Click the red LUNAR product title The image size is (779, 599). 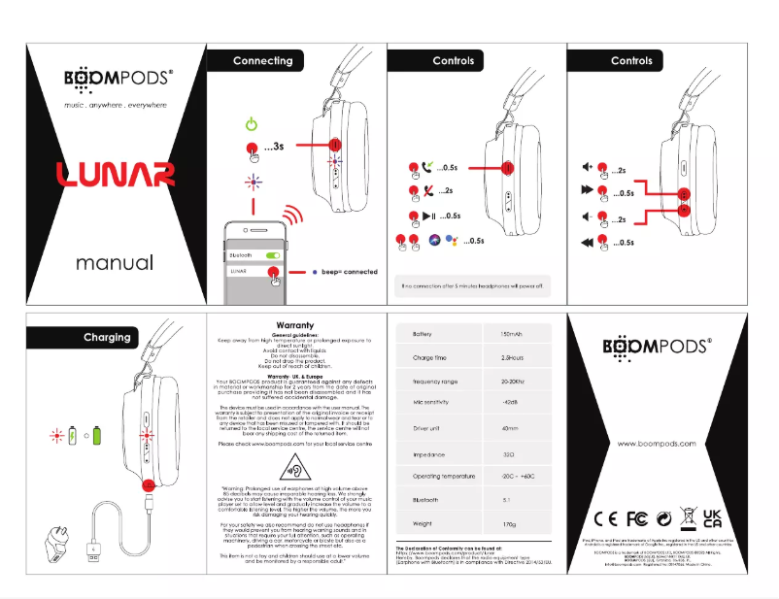point(115,175)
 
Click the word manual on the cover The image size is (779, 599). point(115,263)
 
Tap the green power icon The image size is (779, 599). point(252,124)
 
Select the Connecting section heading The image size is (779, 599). point(262,60)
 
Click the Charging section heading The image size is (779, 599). point(107,337)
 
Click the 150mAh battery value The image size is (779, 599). point(511,334)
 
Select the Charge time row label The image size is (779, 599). point(429,358)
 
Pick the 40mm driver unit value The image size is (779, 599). point(509,428)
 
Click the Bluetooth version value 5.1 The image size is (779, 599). point(507,500)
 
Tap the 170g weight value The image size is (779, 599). point(508,524)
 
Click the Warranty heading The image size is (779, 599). point(294,324)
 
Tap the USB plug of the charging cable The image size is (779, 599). point(93,550)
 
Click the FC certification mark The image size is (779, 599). point(637,517)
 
